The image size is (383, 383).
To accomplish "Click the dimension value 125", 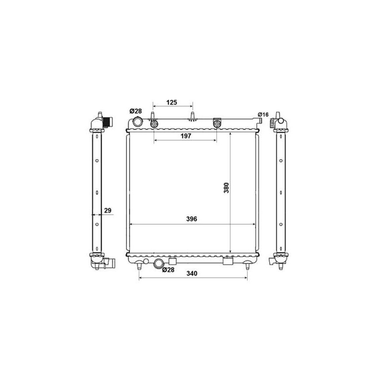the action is click(171, 102).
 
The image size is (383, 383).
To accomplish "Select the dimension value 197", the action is click(186, 136).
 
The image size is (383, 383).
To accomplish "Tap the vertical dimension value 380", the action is click(226, 188).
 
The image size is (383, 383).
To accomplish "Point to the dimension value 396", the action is click(191, 219).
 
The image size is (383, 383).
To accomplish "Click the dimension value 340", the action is click(192, 273).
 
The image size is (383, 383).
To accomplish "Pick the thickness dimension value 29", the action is click(108, 210).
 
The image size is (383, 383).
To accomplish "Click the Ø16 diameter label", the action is click(263, 114).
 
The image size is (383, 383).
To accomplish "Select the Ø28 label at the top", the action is click(135, 111).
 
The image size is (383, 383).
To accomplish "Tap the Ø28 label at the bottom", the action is click(169, 270).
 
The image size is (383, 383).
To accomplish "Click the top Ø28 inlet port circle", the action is click(137, 122).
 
